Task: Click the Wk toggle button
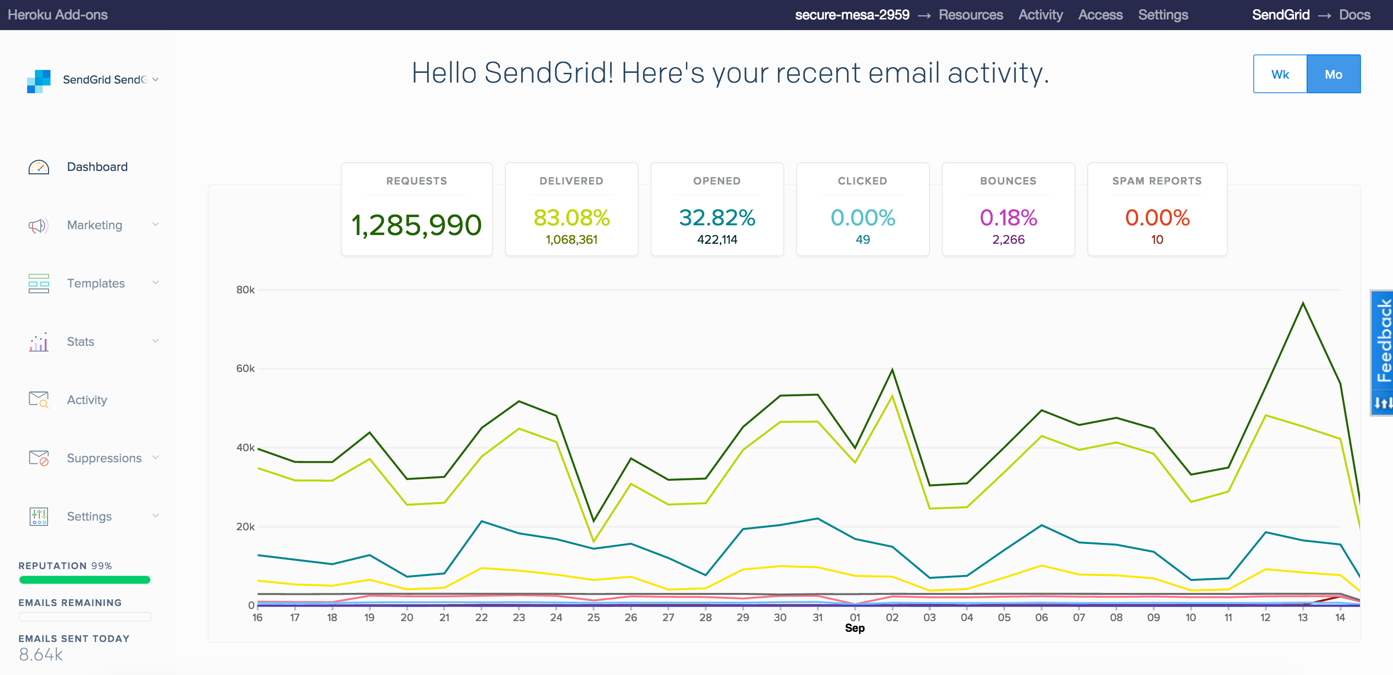1280,74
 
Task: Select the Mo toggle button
1333,74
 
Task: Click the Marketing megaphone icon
38,225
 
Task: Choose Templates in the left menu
96,284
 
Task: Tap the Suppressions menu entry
104,458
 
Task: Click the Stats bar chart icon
38,342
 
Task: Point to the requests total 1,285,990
416,225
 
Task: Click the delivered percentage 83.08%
572,218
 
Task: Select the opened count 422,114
717,239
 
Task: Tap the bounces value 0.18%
1009,218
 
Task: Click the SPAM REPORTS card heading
1157,181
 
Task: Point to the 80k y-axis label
245,290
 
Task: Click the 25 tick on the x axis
593,617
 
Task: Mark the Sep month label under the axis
854,628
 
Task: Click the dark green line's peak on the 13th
1303,303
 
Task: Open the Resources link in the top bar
971,15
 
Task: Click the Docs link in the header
1355,15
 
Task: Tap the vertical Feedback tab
1383,341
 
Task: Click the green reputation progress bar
85,580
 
